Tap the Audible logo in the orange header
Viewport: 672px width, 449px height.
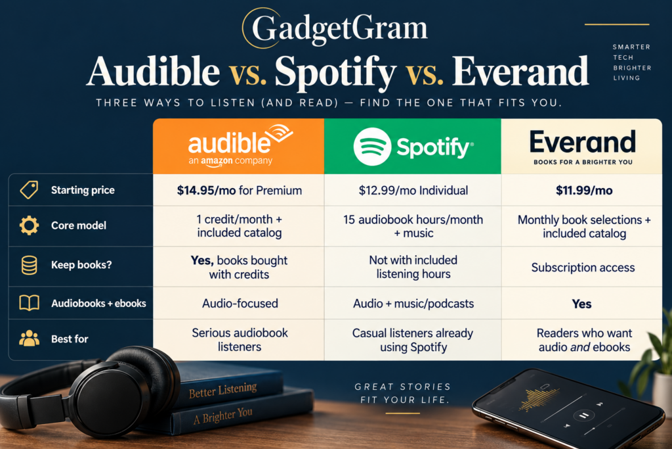(x=240, y=145)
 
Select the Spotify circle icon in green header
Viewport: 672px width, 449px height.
(x=372, y=147)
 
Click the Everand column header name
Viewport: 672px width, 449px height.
(x=583, y=141)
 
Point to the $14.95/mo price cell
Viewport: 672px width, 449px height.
(x=239, y=190)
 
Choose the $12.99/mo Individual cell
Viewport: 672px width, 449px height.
(x=413, y=190)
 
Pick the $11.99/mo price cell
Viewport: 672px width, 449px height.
(x=584, y=190)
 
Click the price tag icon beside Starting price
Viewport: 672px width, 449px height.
(x=29, y=190)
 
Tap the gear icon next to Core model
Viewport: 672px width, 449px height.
(x=29, y=225)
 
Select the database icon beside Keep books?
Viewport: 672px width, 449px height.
(x=29, y=265)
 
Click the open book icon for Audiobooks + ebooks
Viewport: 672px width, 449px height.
(x=29, y=303)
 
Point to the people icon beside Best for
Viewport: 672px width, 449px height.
(x=29, y=339)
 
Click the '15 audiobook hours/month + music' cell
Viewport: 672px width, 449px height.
(x=413, y=226)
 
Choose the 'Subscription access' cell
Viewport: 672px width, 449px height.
(x=583, y=268)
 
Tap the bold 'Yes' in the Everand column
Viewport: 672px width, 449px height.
(x=581, y=304)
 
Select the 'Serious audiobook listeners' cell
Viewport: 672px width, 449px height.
(x=240, y=339)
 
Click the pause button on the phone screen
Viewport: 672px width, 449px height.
(x=583, y=415)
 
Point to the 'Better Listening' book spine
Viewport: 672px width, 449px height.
(x=223, y=390)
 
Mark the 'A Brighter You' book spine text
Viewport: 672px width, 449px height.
(x=223, y=415)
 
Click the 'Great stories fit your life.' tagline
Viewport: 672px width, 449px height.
(x=403, y=393)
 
